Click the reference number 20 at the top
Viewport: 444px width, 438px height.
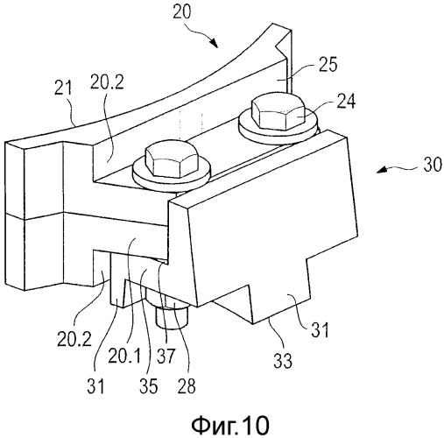(x=182, y=12)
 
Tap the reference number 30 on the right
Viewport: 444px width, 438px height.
(x=433, y=165)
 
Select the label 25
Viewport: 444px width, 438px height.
(x=328, y=64)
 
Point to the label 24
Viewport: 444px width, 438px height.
(x=346, y=102)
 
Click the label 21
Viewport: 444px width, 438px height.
(x=63, y=88)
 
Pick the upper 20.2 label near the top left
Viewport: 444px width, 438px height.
(x=107, y=81)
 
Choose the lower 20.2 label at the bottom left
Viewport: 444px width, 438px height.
(x=74, y=339)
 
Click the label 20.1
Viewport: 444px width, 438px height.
(x=124, y=356)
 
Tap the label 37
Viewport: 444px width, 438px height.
(x=166, y=356)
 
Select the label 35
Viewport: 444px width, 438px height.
(x=148, y=385)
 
